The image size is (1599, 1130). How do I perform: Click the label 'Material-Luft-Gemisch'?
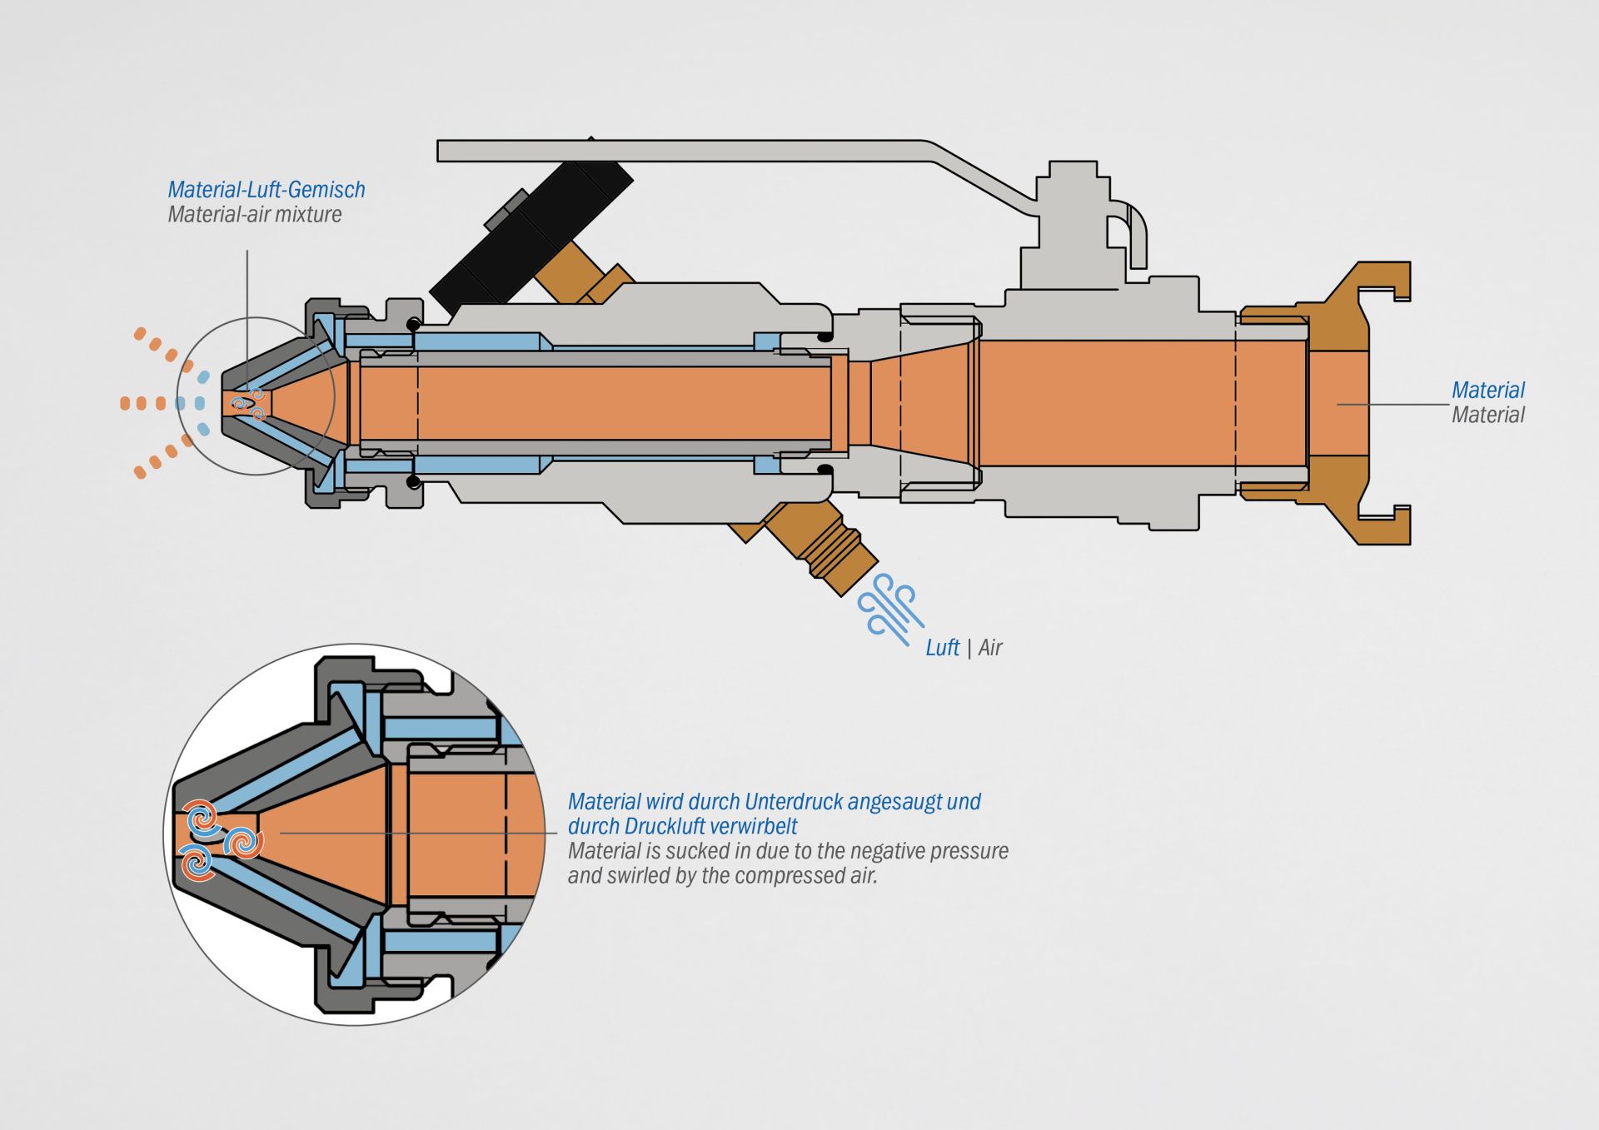coord(266,190)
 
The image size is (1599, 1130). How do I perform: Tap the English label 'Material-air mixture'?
coord(255,215)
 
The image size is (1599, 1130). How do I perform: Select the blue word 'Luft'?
coord(942,648)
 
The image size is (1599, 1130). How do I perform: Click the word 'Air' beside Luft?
coord(990,648)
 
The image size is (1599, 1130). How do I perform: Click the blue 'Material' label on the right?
coord(1487,390)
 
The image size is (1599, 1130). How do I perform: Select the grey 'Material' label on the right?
coord(1487,415)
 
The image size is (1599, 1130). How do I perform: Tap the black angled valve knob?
coord(533,229)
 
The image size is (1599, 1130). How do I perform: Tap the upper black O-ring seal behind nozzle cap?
coord(413,323)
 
